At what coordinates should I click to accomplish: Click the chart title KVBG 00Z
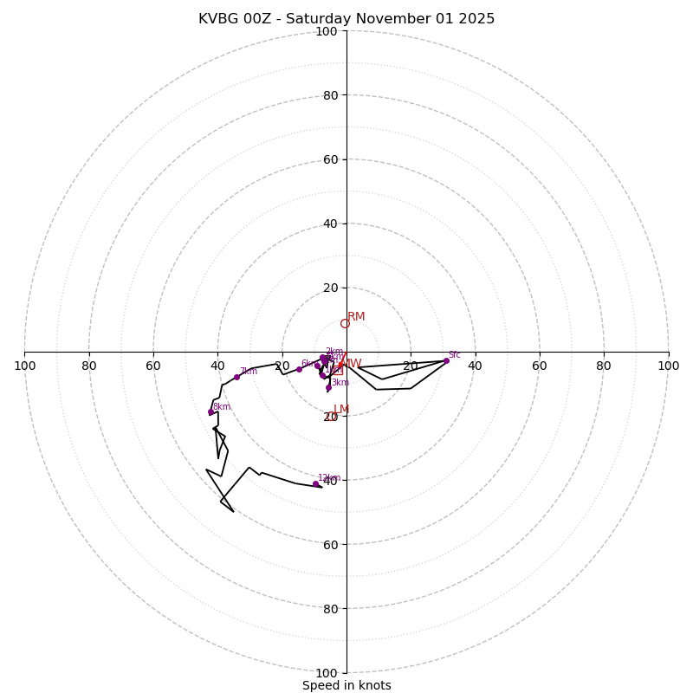coord(346,19)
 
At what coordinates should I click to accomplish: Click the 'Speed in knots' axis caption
coord(346,685)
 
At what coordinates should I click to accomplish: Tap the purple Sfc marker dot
coord(446,360)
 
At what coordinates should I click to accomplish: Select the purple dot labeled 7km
coord(236,377)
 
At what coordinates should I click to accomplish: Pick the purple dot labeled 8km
coord(210,412)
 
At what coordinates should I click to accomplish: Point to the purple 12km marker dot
coord(315,484)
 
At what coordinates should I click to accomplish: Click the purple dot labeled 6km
coord(299,370)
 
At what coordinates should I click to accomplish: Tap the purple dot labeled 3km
coord(328,387)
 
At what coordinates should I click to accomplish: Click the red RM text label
coord(356,317)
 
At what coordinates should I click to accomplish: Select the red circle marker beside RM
coord(345,324)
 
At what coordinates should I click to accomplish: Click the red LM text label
coord(341,410)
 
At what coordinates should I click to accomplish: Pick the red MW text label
coord(352,364)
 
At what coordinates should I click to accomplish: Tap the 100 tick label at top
coord(327,31)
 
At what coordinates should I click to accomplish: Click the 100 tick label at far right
coord(668,366)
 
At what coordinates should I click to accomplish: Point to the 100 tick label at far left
coord(25,366)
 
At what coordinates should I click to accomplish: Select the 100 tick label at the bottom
coord(327,672)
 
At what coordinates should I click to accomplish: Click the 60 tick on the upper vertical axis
coord(330,159)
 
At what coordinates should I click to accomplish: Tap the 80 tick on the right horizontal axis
coord(604,366)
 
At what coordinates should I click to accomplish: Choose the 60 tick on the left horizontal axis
coord(153,366)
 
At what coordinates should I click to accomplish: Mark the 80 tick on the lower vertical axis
coord(330,608)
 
